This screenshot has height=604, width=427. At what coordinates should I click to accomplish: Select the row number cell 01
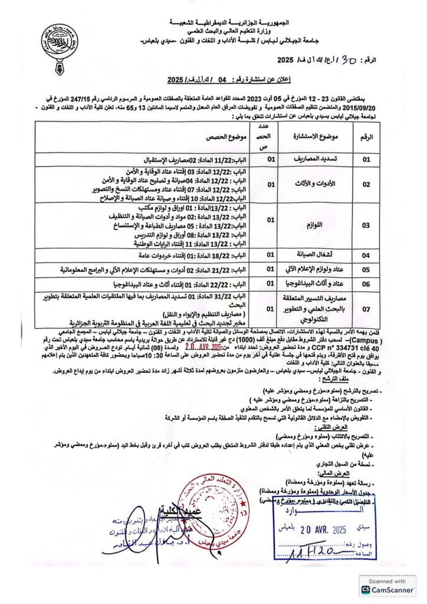coord(366,159)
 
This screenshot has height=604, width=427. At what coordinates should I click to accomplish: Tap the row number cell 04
coord(366,255)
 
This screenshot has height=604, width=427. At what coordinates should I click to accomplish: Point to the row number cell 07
coord(366,308)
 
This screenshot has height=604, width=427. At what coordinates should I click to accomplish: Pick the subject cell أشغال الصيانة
coord(310,255)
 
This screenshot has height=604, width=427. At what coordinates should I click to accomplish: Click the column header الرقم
coord(366,136)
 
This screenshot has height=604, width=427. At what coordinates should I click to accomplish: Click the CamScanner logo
coord(387,586)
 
